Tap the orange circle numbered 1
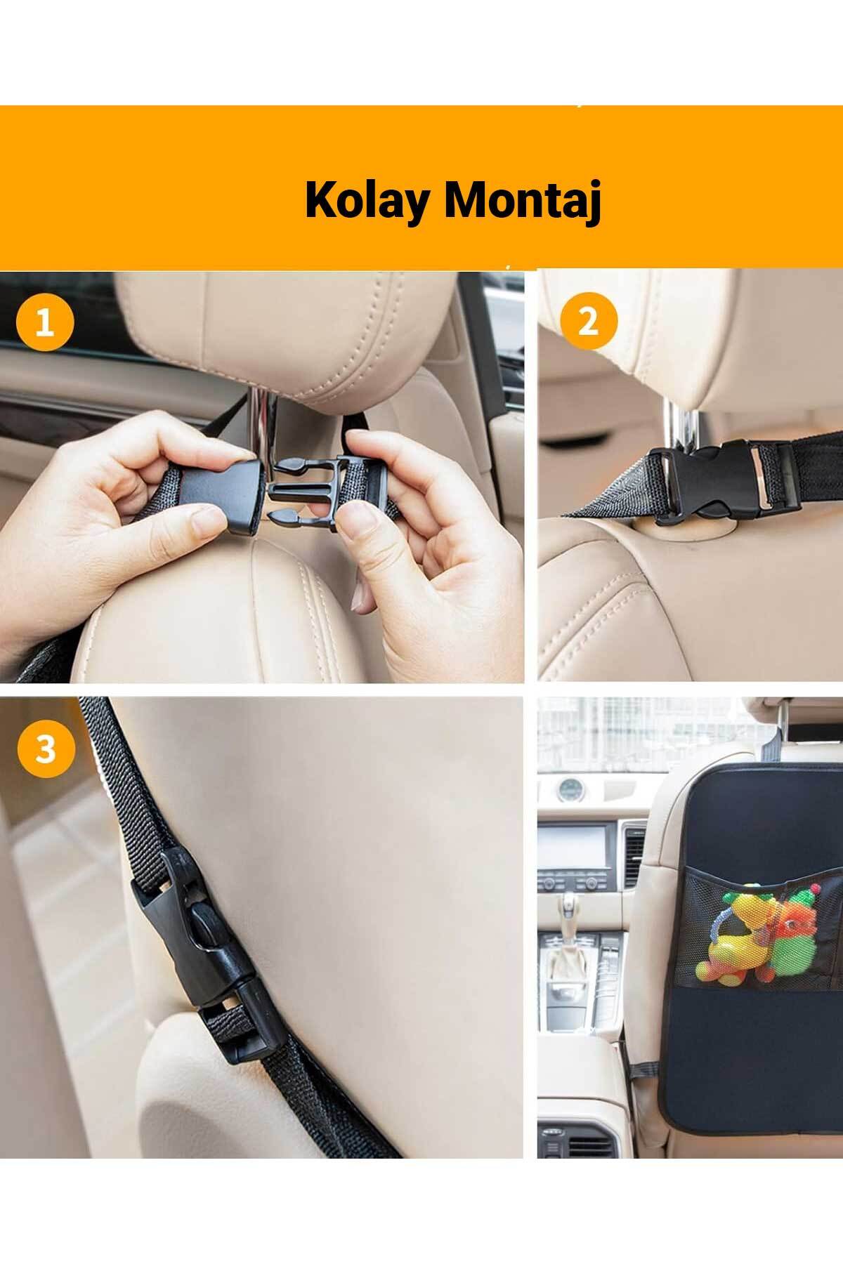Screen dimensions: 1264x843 coord(45,324)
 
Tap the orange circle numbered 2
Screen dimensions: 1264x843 coord(589,322)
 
